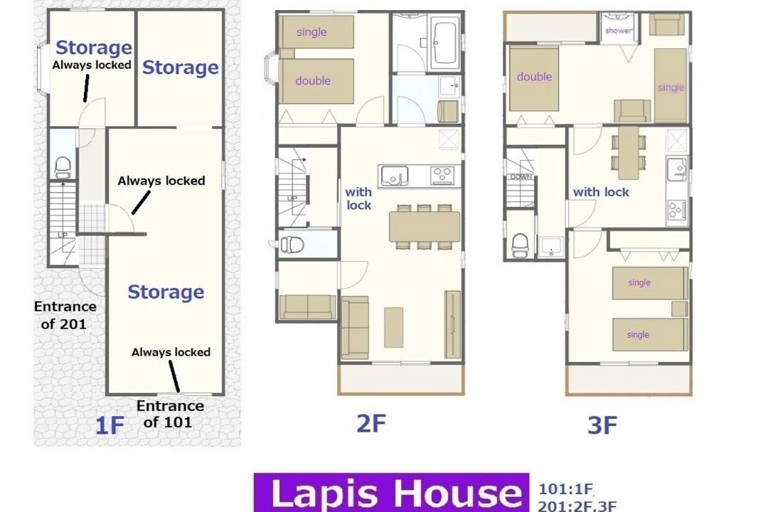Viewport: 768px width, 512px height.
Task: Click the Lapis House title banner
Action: tap(391, 492)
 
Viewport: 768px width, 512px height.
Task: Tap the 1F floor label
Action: tap(110, 425)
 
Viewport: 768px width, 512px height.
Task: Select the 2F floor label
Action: tap(370, 424)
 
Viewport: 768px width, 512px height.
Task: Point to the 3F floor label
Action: tap(602, 426)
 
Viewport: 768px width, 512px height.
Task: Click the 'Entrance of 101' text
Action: tap(170, 414)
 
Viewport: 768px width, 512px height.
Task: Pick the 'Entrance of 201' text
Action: tap(65, 315)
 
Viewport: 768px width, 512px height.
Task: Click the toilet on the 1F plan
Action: tap(63, 168)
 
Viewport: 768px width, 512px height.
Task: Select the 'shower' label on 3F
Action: tap(618, 31)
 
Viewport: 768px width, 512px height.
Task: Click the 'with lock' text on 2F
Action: tap(358, 199)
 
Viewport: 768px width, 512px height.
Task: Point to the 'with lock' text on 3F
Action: tap(601, 192)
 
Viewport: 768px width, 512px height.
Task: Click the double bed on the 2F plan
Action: tap(317, 81)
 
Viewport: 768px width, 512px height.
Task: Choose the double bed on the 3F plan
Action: tap(534, 78)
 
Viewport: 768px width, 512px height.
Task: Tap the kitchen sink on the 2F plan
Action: tap(395, 176)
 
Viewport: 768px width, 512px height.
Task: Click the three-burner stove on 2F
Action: tap(442, 176)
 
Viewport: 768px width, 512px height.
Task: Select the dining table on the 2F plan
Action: tap(425, 226)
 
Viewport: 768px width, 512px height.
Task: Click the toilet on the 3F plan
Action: tap(520, 245)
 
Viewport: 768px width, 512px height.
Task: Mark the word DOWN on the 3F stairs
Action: tap(521, 177)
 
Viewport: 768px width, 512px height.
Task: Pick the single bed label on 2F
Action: tap(311, 32)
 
